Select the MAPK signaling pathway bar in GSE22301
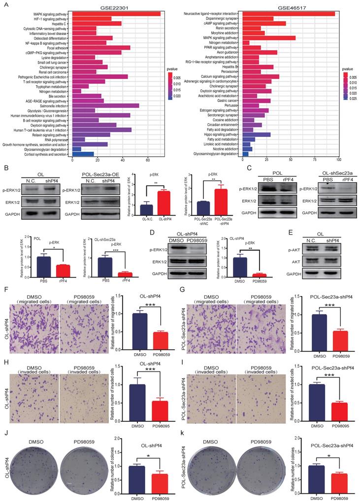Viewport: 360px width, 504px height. (116, 13)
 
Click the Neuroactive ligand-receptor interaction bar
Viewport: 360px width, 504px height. (289, 13)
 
